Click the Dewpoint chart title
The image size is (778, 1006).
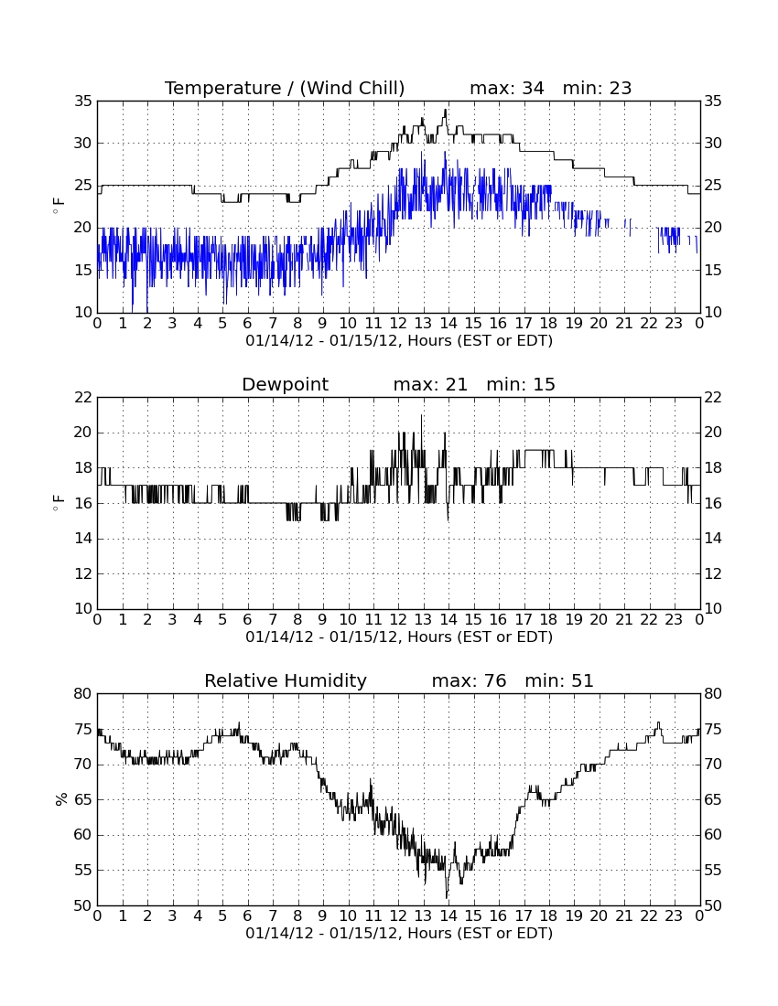click(285, 385)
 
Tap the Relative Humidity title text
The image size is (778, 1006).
click(285, 680)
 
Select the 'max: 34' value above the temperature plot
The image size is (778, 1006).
click(507, 88)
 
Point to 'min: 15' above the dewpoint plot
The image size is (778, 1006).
click(521, 385)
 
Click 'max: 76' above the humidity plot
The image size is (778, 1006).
click(470, 680)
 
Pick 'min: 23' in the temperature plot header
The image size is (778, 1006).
click(597, 88)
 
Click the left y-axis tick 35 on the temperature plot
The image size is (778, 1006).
click(83, 102)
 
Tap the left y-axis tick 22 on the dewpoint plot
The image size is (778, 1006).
click(83, 398)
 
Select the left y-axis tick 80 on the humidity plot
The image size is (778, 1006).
click(83, 693)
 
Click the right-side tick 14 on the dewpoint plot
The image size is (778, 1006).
click(713, 539)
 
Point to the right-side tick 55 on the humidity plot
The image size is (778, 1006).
click(713, 870)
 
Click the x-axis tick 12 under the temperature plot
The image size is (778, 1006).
click(398, 324)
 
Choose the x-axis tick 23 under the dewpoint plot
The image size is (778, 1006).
click(674, 620)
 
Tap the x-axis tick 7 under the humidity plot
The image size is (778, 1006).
click(273, 915)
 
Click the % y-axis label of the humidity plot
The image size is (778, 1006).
click(61, 799)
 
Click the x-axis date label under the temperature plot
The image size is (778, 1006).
click(399, 341)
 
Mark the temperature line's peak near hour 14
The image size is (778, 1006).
click(446, 110)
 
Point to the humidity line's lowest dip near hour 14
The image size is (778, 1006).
click(446, 897)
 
